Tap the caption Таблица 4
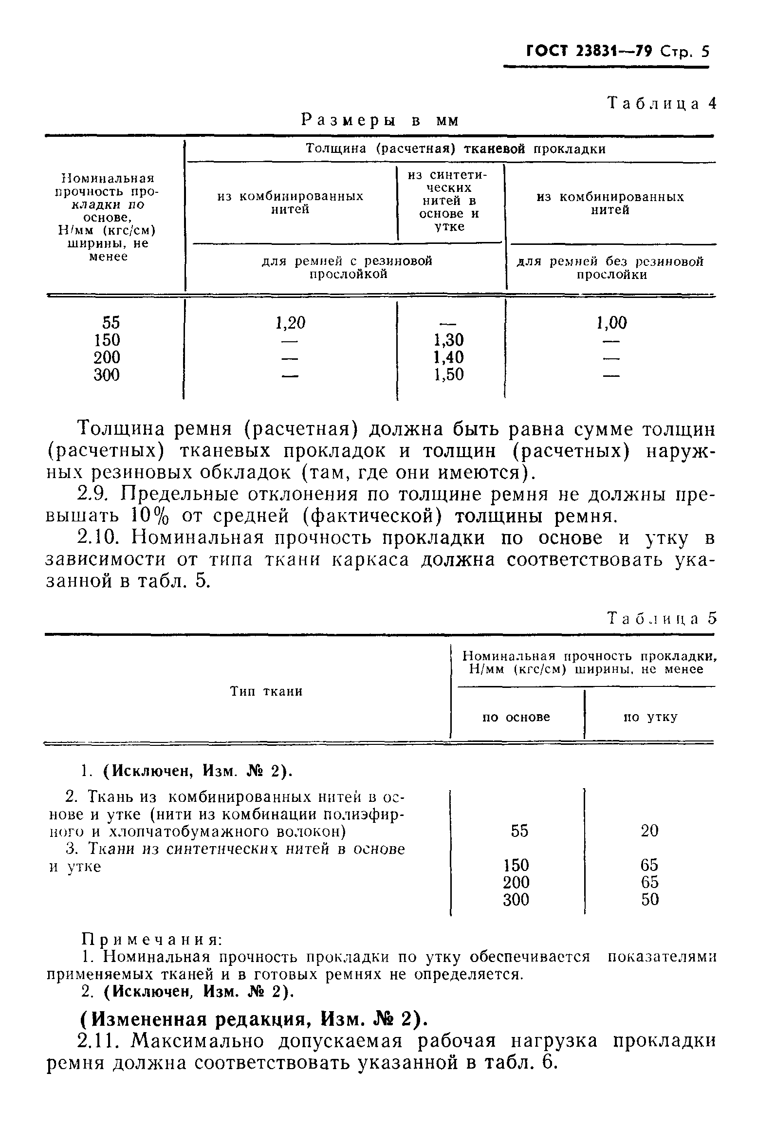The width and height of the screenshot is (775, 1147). tap(662, 103)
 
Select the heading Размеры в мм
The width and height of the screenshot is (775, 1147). tap(380, 120)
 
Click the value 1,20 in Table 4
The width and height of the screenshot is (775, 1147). tap(290, 323)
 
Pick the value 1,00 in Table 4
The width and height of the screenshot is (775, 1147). tap(611, 323)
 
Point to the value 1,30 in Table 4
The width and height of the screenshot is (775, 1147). tap(448, 340)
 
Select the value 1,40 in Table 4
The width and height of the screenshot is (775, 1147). tap(448, 357)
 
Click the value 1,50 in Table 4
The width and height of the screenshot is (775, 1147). tap(448, 374)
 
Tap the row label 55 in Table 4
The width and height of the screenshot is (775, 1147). tap(111, 323)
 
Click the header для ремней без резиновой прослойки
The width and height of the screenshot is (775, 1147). tap(610, 268)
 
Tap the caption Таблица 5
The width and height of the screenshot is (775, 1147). tap(662, 618)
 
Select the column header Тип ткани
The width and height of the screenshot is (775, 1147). tap(266, 691)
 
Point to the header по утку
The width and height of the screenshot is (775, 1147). tap(650, 717)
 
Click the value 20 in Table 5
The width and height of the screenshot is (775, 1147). tap(649, 831)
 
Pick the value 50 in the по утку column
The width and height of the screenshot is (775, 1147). tap(649, 899)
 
